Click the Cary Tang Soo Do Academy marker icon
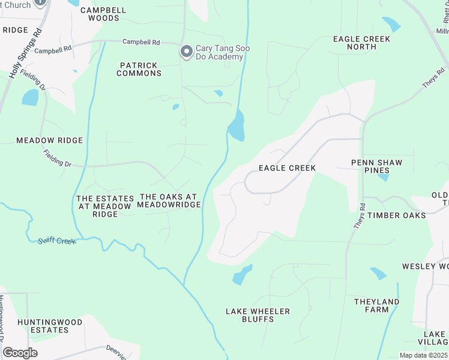187,52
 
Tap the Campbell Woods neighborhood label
100,14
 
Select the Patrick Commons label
140,69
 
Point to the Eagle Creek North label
361,43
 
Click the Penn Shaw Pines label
376,167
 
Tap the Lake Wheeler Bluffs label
258,315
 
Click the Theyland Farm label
376,305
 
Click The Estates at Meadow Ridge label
104,206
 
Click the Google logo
20,353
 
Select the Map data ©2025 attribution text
423,355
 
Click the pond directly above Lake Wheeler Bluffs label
243,274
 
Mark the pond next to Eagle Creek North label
391,24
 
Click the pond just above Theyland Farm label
378,274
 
